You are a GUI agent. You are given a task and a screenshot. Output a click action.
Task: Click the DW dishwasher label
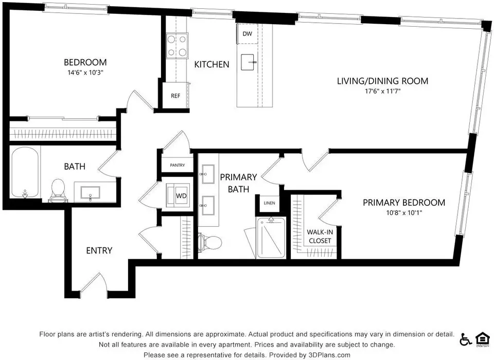(x=248, y=34)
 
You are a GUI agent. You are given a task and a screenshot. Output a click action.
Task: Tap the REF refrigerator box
(x=175, y=96)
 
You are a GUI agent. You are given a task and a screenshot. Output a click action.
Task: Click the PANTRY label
(x=178, y=165)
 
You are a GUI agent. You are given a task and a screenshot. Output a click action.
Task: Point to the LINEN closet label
(x=269, y=203)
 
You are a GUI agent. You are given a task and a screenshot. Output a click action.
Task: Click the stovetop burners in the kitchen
(x=177, y=46)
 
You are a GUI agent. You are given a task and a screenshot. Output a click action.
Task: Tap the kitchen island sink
(x=248, y=62)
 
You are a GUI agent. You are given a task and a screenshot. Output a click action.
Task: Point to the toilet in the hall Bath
(x=58, y=190)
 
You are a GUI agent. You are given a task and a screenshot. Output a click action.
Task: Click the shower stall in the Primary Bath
(x=271, y=238)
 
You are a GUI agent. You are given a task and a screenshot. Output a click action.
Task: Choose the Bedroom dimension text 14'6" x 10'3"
(x=85, y=73)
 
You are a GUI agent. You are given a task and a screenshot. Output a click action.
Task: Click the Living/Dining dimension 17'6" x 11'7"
(x=382, y=92)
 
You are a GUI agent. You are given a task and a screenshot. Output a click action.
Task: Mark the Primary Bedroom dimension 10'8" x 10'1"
(x=404, y=212)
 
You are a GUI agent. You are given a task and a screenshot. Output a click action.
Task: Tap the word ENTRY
(x=99, y=250)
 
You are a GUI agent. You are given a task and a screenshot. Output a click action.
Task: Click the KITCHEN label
(x=211, y=65)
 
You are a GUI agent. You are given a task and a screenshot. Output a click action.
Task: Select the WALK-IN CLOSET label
(x=320, y=237)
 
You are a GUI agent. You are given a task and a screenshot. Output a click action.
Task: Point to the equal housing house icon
(x=483, y=339)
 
